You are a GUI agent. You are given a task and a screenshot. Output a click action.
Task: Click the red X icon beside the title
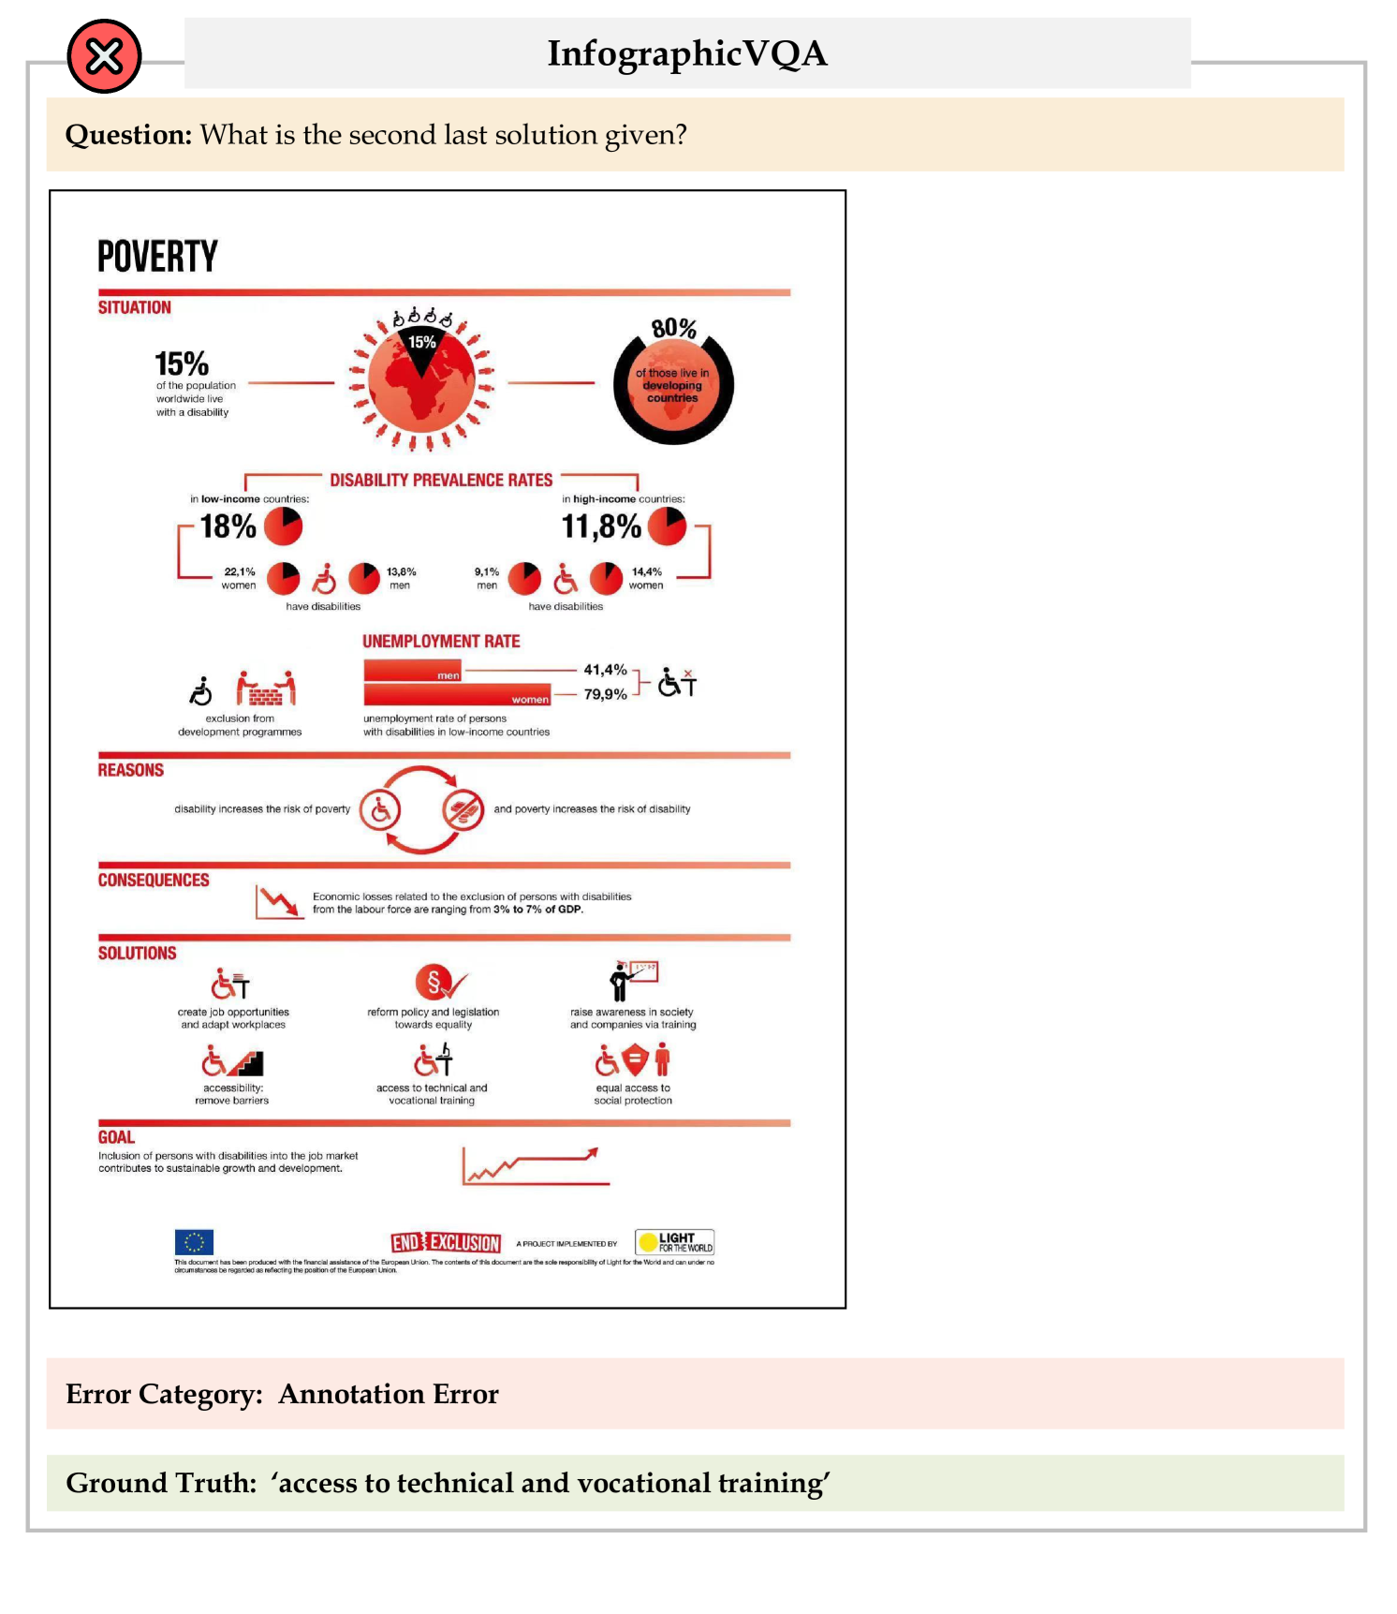coord(104,56)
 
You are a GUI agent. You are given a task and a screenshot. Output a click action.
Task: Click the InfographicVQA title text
coord(687,53)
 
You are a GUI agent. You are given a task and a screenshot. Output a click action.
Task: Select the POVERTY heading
coord(157,256)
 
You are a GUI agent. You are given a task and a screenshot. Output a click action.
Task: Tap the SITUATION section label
coord(135,307)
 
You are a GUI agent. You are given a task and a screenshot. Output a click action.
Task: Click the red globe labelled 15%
coord(421,380)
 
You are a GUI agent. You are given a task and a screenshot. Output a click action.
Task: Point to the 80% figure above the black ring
coord(674,329)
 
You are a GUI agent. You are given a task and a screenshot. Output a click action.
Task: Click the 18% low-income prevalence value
coord(228,526)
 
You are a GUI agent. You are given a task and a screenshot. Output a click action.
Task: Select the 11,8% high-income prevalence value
coord(601,526)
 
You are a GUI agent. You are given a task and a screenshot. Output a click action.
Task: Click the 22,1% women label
coord(239,578)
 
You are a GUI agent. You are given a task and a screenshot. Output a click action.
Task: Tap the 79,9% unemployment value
coord(605,694)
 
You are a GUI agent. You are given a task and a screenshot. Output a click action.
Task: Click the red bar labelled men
coord(413,671)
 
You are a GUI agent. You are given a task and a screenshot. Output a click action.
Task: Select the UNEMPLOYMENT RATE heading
coord(441,642)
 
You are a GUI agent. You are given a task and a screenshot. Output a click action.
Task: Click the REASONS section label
coord(131,770)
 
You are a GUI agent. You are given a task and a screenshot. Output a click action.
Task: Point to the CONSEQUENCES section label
coord(154,880)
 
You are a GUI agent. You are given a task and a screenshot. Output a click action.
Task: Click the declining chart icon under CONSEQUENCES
coord(279,902)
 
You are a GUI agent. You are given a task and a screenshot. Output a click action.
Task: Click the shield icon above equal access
coord(635,1060)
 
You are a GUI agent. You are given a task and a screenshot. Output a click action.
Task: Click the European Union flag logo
coord(194,1242)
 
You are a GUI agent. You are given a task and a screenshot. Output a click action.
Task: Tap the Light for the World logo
coord(674,1242)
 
